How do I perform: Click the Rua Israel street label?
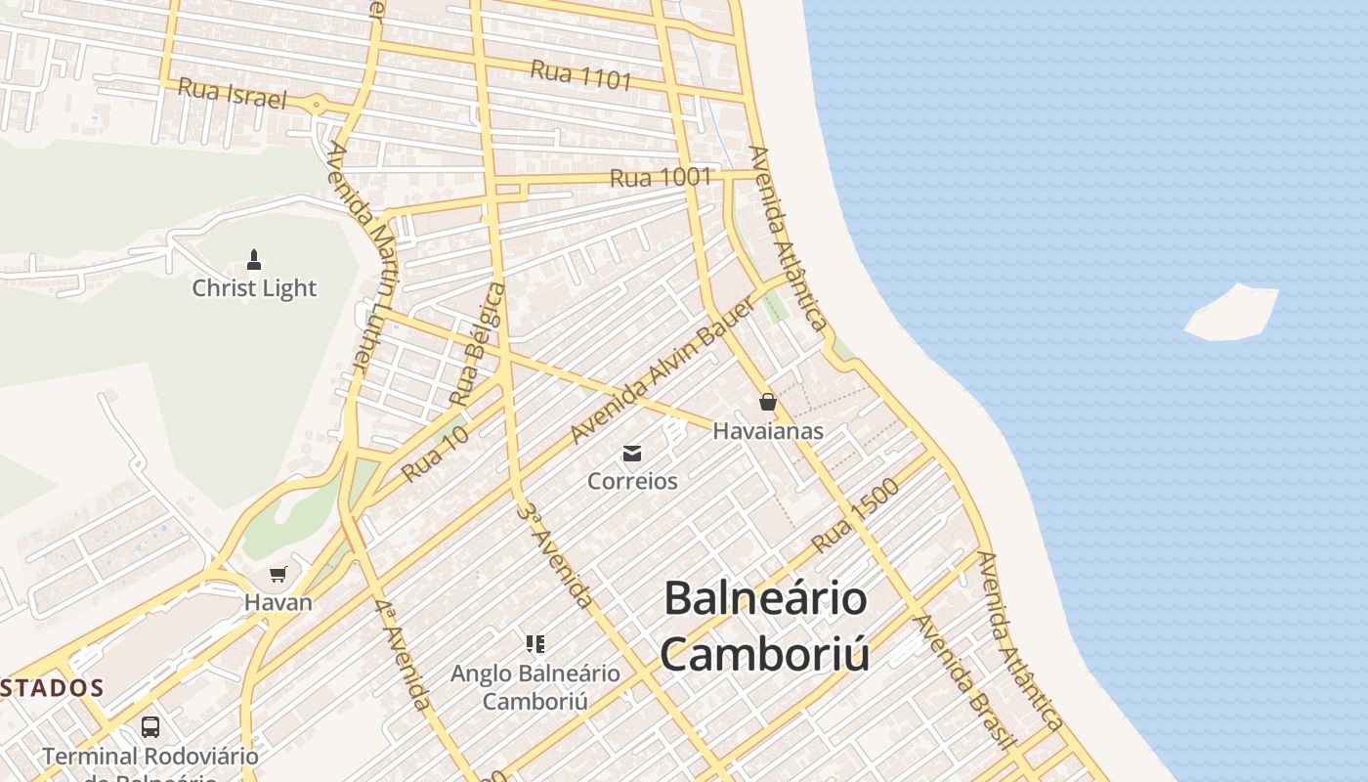(x=232, y=94)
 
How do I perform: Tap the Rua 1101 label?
(x=581, y=74)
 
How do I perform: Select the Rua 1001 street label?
(x=661, y=178)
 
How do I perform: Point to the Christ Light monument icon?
(x=254, y=260)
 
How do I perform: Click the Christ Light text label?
(x=254, y=288)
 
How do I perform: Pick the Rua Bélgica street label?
(x=479, y=344)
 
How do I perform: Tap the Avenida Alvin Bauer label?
(x=663, y=370)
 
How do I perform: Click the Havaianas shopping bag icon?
(x=768, y=402)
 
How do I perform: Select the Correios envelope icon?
(x=632, y=453)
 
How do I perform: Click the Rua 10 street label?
(x=436, y=453)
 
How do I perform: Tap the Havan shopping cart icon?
(x=278, y=574)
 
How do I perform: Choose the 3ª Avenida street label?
(x=554, y=555)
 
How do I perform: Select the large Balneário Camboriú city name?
(x=765, y=626)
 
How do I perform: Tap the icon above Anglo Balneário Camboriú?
(x=534, y=643)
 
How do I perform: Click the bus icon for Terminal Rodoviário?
(x=150, y=727)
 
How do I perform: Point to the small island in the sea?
(x=1232, y=313)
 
